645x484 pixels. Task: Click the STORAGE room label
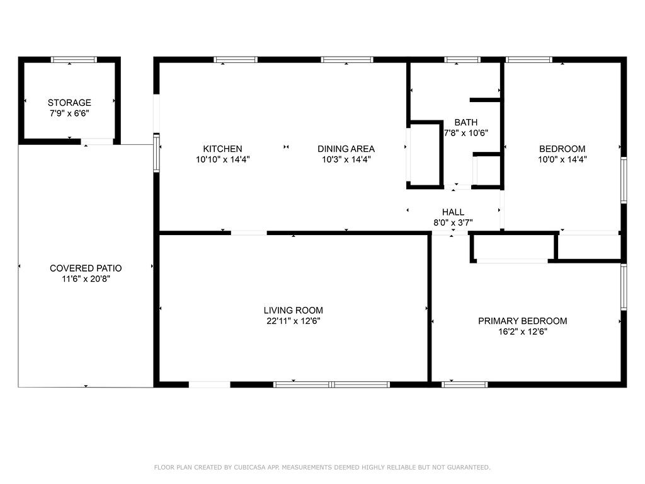69,103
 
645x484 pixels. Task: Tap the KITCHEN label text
222,149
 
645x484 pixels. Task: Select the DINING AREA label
346,149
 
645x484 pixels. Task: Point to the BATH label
465,122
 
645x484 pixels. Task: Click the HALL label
453,212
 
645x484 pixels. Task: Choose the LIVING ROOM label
294,310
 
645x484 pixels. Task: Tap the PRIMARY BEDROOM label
522,321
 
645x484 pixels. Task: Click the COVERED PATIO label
86,268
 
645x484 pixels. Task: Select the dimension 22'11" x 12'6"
294,321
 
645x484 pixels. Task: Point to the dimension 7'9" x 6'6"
69,113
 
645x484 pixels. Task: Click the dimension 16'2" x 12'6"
522,331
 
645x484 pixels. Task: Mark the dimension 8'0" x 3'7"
453,222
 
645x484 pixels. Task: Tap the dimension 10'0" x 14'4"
562,159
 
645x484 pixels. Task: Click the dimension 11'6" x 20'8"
86,279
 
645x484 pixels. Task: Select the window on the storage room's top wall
74,60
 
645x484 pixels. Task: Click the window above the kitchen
236,60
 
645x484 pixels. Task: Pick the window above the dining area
347,60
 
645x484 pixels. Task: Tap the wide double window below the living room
331,385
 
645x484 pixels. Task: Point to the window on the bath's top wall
462,60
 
